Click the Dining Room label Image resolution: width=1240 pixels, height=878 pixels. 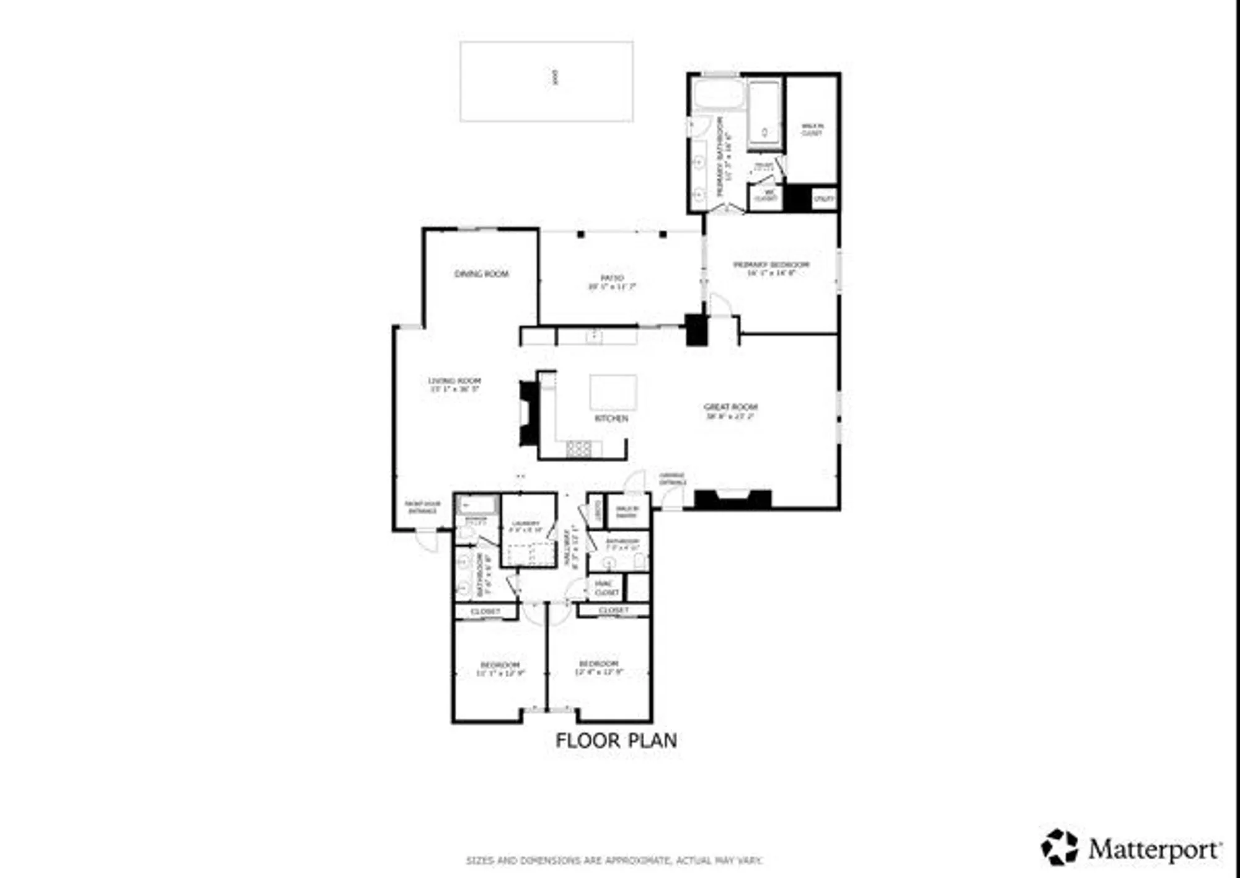[481, 273]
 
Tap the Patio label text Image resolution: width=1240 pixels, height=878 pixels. [612, 282]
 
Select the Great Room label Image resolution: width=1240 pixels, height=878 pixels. [730, 411]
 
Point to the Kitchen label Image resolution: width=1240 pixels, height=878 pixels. [611, 419]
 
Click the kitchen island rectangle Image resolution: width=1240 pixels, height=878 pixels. [613, 391]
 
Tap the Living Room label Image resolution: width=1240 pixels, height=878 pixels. [454, 384]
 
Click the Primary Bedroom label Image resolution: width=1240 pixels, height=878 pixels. [771, 268]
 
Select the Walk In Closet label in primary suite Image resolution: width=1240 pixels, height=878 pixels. [812, 129]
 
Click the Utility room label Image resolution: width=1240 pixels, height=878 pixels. [824, 198]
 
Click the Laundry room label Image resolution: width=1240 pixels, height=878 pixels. [525, 526]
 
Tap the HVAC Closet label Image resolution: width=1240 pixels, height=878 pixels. [606, 588]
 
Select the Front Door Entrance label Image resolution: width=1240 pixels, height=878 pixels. [422, 507]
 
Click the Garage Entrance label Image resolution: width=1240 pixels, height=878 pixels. [672, 478]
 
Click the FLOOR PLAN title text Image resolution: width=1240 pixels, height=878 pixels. [616, 740]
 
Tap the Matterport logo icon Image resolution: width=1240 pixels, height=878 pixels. [1060, 846]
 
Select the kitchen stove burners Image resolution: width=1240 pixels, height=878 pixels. [578, 448]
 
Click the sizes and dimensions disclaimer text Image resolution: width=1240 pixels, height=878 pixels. [614, 861]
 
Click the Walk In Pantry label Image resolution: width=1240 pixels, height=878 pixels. [627, 512]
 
